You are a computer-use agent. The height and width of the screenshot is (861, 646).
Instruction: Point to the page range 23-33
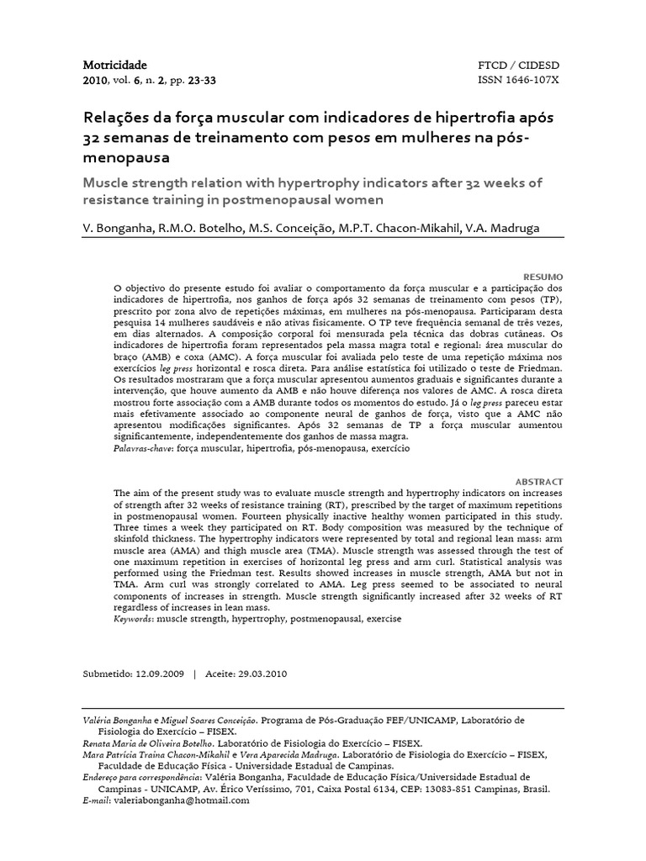coord(200,81)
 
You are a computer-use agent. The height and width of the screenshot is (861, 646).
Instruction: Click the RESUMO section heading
coord(543,277)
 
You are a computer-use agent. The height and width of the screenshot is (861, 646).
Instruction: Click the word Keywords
coord(133,618)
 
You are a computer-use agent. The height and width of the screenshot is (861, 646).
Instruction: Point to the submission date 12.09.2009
coord(158,674)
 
